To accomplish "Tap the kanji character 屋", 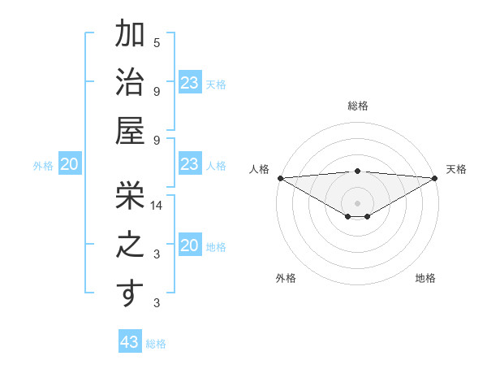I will pyautogui.click(x=130, y=130).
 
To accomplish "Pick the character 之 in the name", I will pyautogui.click(x=130, y=244).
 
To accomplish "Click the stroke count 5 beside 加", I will pyautogui.click(x=157, y=42).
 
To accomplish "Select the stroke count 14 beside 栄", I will pyautogui.click(x=157, y=206).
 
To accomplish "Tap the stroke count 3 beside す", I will pyautogui.click(x=157, y=303).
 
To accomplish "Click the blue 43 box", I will pyautogui.click(x=130, y=342).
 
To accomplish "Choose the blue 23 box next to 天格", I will pyautogui.click(x=189, y=83).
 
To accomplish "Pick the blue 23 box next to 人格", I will pyautogui.click(x=189, y=164).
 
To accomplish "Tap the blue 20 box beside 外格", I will pyautogui.click(x=69, y=165).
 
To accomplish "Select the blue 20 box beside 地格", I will pyautogui.click(x=189, y=246).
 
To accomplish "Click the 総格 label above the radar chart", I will pyautogui.click(x=357, y=106).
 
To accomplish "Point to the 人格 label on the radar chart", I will pyautogui.click(x=259, y=169).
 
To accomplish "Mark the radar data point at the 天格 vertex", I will pyautogui.click(x=435, y=178).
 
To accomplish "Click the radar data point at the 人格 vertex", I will pyautogui.click(x=280, y=178).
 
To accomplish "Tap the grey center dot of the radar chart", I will pyautogui.click(x=357, y=202).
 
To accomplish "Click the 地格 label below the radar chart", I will pyautogui.click(x=425, y=278).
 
